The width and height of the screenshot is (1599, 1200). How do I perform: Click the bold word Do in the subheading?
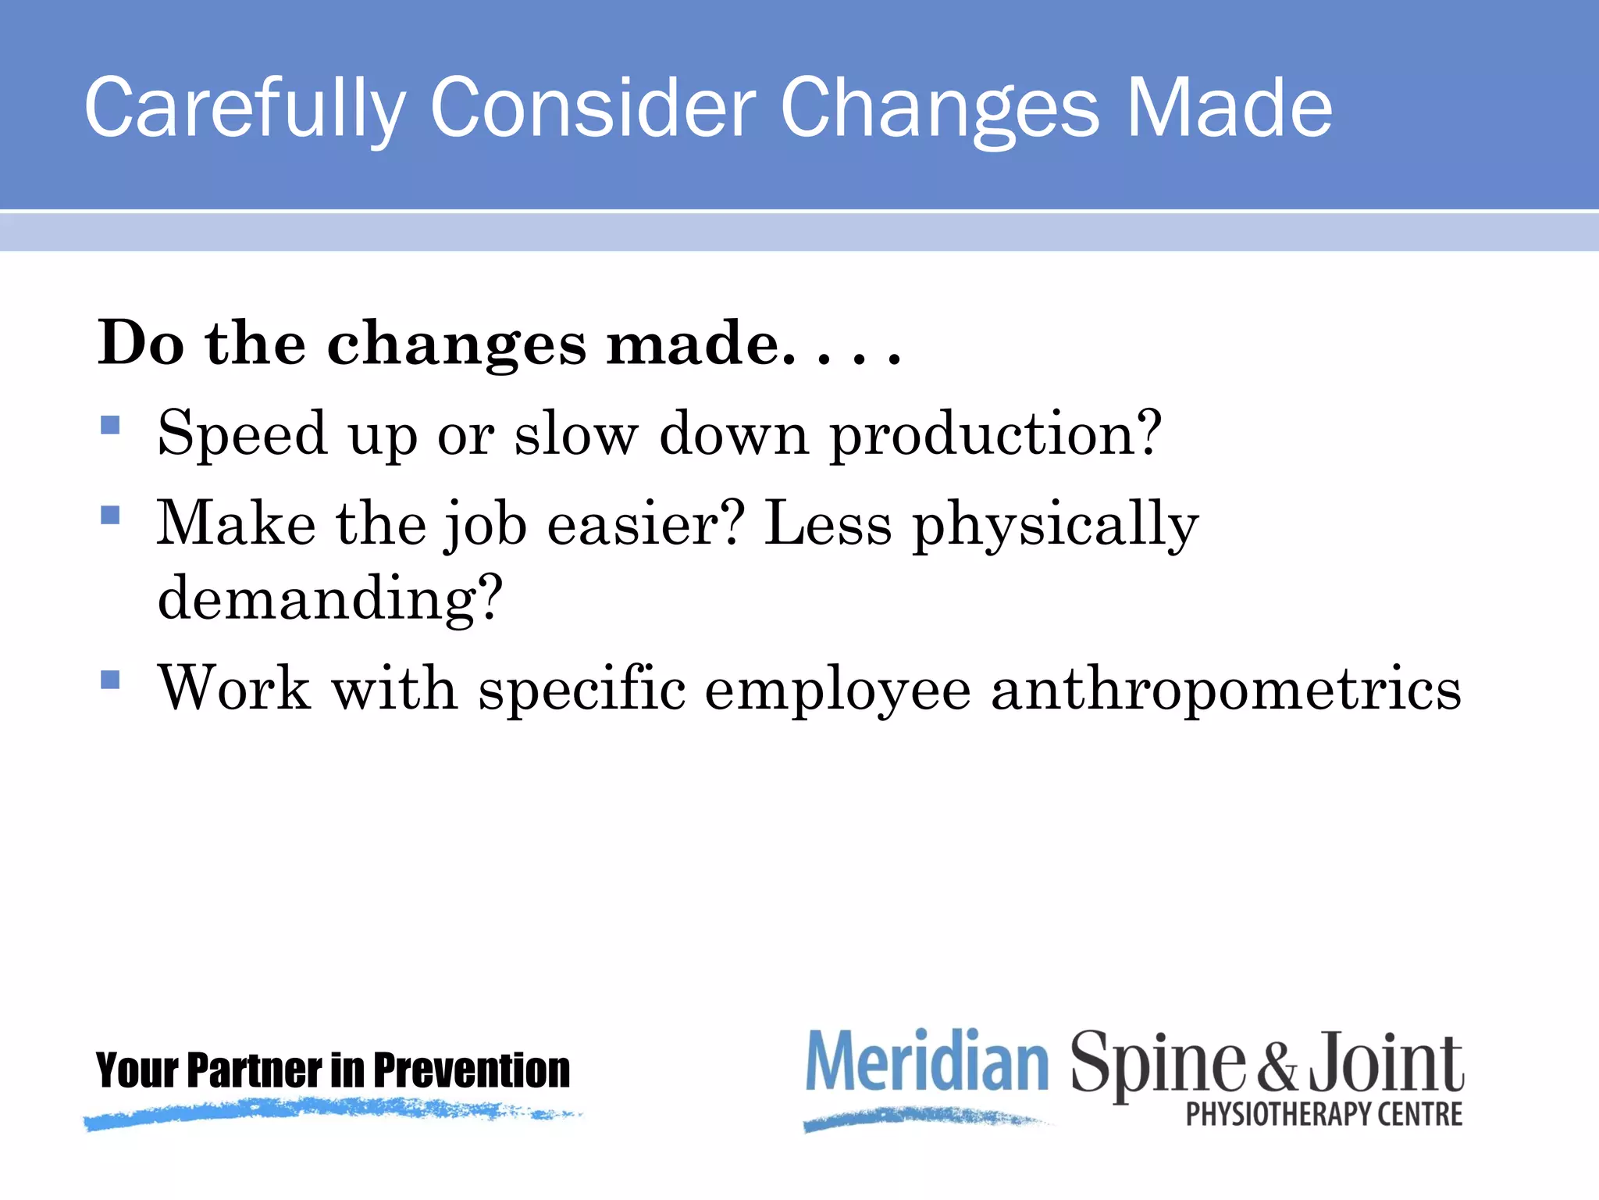[x=141, y=343]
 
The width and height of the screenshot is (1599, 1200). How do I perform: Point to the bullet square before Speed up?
[x=111, y=425]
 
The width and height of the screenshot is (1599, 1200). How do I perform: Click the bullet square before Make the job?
[x=111, y=515]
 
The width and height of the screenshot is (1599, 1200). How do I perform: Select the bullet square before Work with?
[x=111, y=680]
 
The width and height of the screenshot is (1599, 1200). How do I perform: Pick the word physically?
[x=1056, y=525]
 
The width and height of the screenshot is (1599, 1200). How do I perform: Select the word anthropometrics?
[x=1226, y=689]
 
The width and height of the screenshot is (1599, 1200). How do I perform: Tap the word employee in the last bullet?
[x=838, y=691]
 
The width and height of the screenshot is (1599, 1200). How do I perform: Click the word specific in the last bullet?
[x=582, y=689]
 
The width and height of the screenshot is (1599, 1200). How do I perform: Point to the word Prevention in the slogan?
[x=472, y=1070]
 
